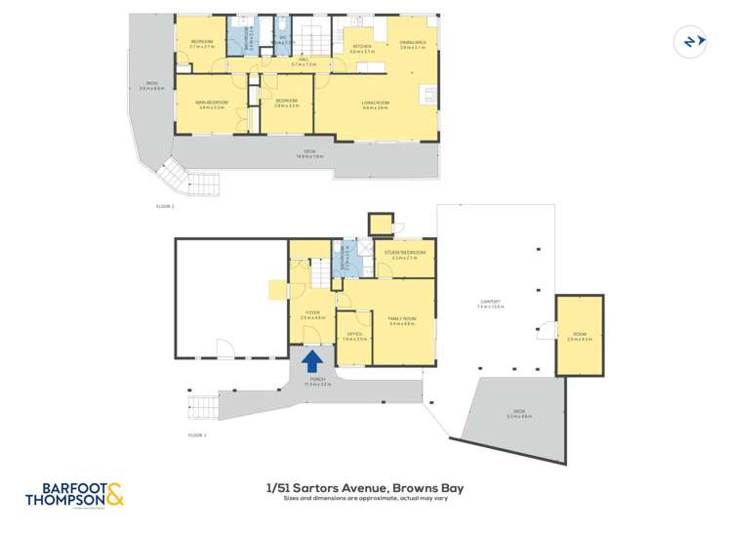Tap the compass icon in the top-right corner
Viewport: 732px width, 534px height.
(691, 41)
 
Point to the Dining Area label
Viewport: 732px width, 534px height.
(414, 44)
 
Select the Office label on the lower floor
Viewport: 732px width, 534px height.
(354, 335)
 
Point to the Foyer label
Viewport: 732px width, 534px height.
(311, 314)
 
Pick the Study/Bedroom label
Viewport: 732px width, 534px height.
(405, 254)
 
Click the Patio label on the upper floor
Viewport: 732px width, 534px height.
(152, 85)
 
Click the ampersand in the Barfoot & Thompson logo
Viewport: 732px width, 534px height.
(115, 495)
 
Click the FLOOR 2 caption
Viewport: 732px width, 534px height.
(165, 207)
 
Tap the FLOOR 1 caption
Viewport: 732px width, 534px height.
(197, 434)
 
